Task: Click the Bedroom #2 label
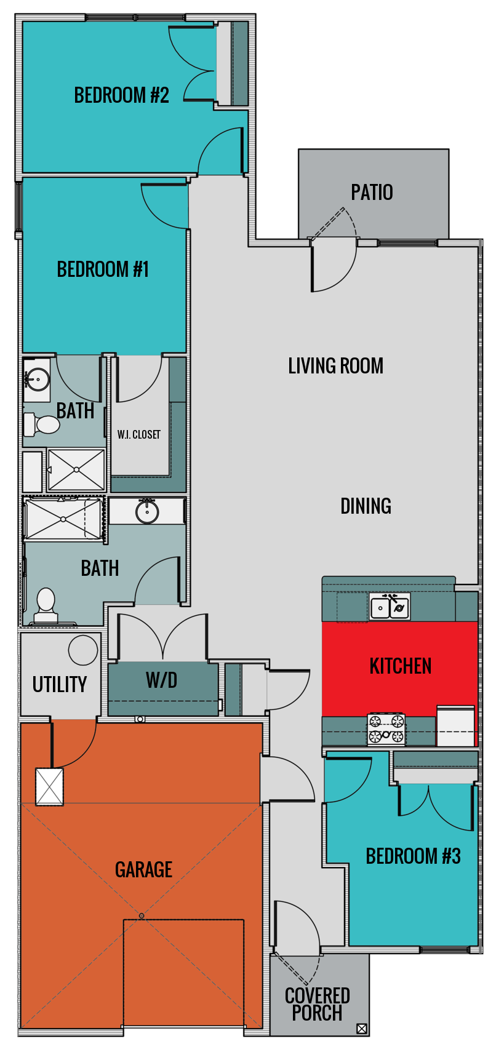(x=121, y=95)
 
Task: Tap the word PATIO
(x=372, y=193)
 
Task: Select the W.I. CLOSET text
(x=138, y=435)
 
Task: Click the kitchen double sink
(x=390, y=608)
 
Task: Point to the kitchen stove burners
(x=386, y=729)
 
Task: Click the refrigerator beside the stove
(x=455, y=727)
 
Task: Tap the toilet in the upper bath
(x=42, y=424)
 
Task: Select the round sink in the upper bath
(x=37, y=379)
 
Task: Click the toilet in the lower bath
(x=46, y=606)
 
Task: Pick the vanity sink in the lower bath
(x=147, y=512)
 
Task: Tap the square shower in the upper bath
(x=76, y=469)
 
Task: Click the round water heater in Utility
(x=83, y=650)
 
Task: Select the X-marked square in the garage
(x=49, y=786)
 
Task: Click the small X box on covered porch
(x=361, y=1028)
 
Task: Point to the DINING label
(x=366, y=506)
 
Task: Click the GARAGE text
(x=143, y=869)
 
